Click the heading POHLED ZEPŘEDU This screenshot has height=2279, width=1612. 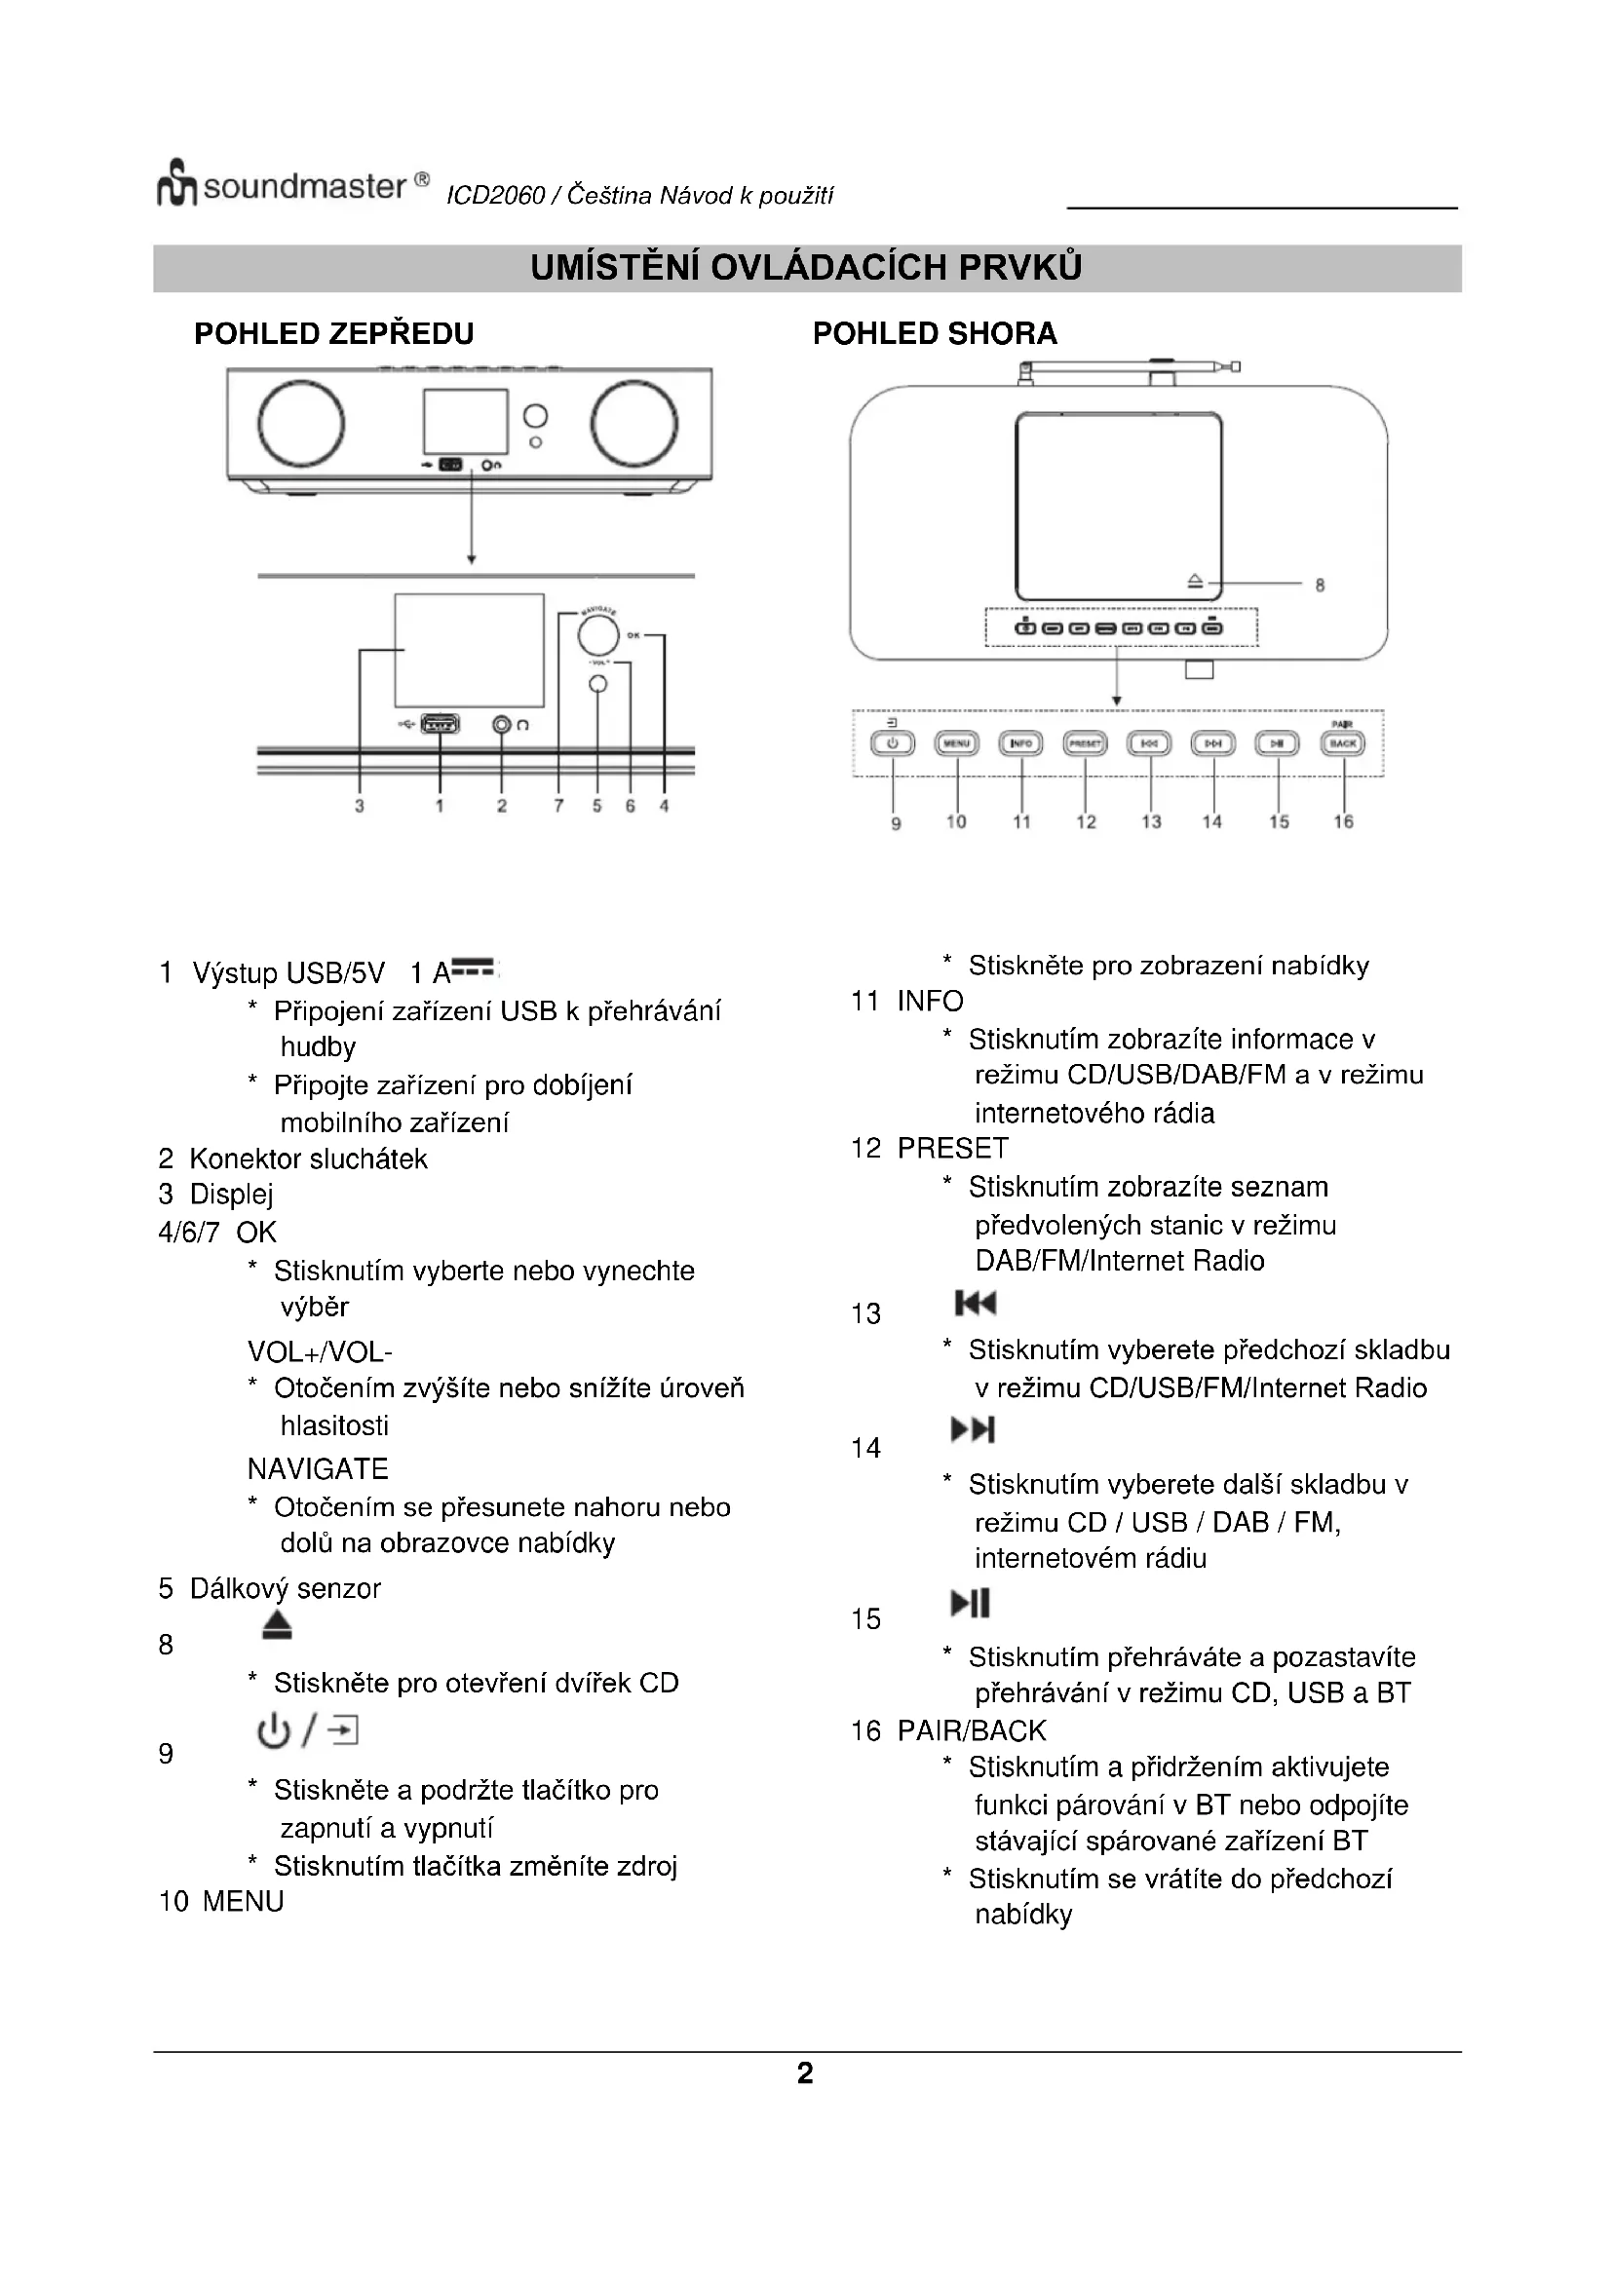click(x=333, y=333)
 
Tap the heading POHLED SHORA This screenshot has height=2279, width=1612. click(x=934, y=333)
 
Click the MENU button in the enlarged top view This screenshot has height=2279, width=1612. click(x=956, y=743)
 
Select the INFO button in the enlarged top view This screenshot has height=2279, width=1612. click(x=1020, y=743)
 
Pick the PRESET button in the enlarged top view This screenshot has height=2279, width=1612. click(x=1084, y=743)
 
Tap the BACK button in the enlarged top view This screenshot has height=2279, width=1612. click(x=1342, y=743)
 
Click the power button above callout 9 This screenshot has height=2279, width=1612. click(x=893, y=743)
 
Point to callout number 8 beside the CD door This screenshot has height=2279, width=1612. click(x=1320, y=586)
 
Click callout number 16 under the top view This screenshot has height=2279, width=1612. click(x=1342, y=822)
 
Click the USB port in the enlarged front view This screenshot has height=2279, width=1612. click(x=440, y=725)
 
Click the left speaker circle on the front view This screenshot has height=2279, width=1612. click(x=301, y=423)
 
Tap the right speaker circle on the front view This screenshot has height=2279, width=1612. click(x=634, y=423)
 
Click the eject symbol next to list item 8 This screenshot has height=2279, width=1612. click(x=278, y=1625)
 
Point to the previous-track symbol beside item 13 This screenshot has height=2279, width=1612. click(x=975, y=1304)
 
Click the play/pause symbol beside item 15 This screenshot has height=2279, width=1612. click(x=971, y=1603)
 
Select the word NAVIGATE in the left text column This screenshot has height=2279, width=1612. click(x=318, y=1469)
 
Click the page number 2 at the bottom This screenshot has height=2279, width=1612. click(x=805, y=2073)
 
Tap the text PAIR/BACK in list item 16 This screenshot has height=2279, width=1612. click(x=971, y=1731)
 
